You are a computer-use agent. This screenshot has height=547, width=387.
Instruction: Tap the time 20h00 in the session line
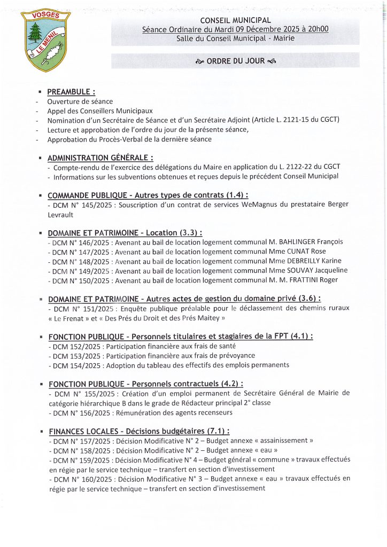coord(318,29)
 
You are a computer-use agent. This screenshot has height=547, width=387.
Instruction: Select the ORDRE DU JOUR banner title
coord(235,61)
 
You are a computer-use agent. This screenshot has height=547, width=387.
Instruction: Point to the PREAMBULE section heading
coord(71,92)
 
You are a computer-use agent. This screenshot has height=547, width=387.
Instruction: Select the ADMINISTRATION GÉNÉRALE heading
coord(100,158)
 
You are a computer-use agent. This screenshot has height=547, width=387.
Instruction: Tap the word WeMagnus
coord(260,205)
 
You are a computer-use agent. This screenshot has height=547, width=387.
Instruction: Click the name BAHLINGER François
coord(309,242)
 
